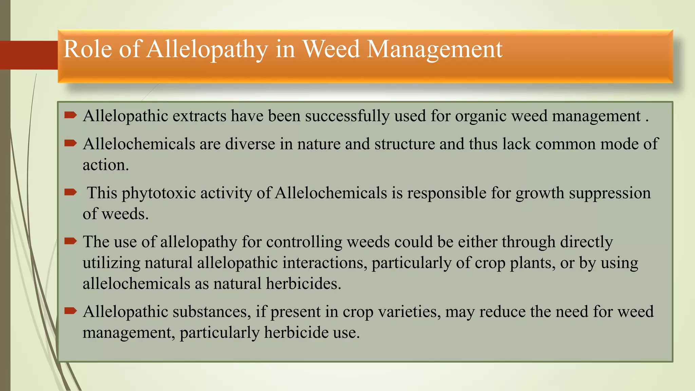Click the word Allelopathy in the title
point(207,50)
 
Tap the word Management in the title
point(434,50)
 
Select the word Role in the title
point(87,50)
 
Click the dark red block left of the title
point(29,55)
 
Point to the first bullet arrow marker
point(71,115)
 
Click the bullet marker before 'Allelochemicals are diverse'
point(71,143)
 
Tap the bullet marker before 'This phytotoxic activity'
point(71,192)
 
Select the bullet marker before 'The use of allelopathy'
point(71,241)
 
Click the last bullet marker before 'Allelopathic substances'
point(71,311)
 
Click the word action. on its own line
point(106,165)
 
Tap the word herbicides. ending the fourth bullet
point(303,284)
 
